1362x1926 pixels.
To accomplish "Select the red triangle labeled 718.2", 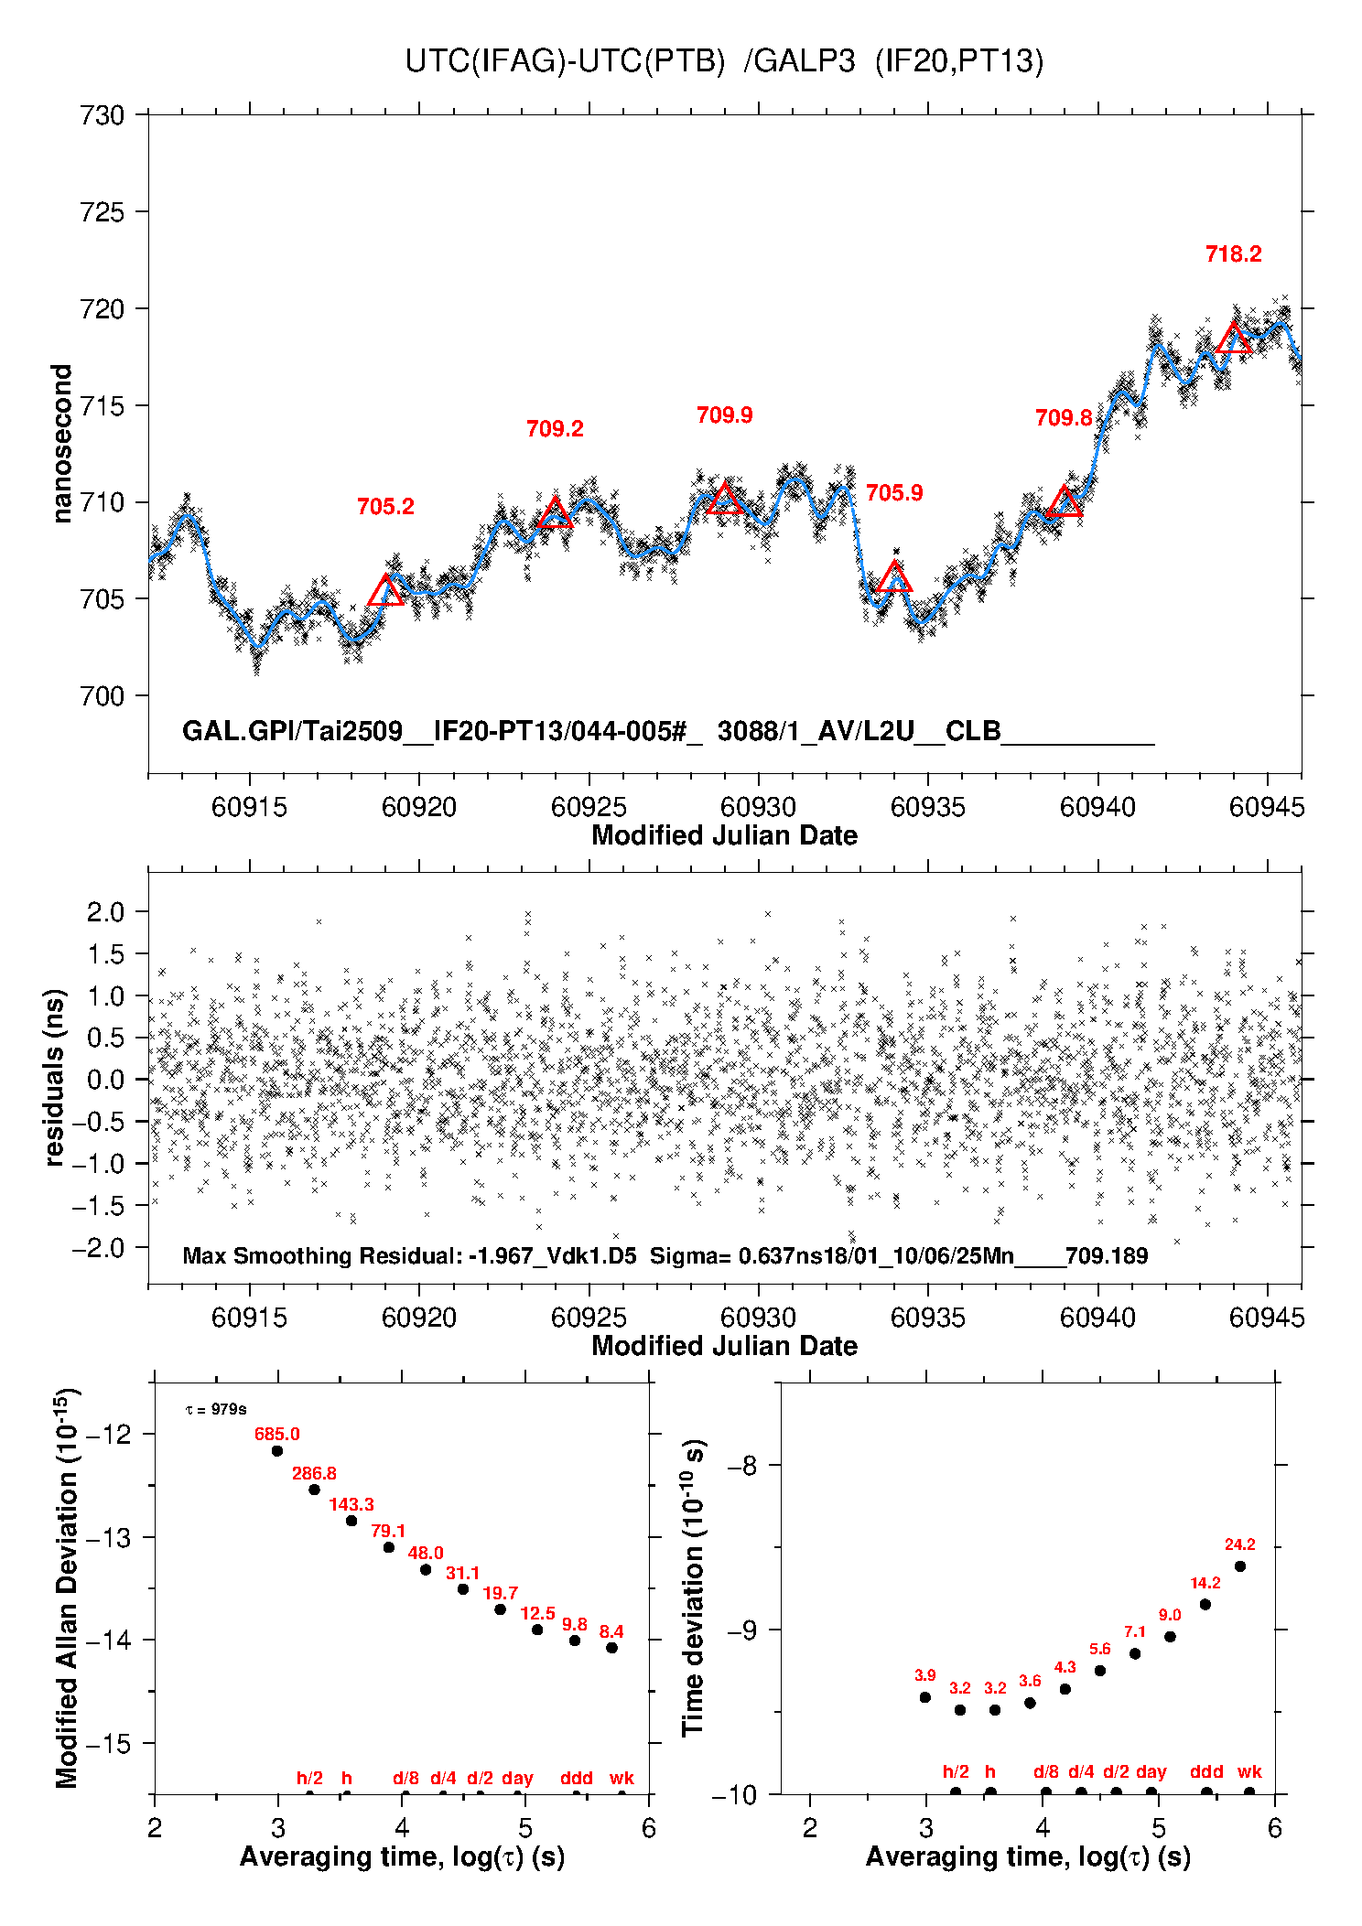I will tap(1234, 339).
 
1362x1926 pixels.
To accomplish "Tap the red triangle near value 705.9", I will tap(894, 578).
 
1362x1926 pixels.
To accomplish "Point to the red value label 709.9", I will tap(724, 415).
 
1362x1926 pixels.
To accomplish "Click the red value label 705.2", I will tap(385, 507).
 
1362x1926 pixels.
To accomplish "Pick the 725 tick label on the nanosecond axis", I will tap(102, 212).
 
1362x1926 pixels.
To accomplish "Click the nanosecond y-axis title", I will tap(61, 444).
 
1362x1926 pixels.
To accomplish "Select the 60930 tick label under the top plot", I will tap(758, 807).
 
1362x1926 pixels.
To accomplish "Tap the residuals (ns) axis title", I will tap(55, 1077).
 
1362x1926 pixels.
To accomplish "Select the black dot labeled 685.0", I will tap(277, 1450).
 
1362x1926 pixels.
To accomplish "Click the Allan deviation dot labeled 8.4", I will tap(611, 1648).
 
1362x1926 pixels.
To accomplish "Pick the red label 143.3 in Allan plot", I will tap(351, 1504).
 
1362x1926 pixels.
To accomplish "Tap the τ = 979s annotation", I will tap(216, 1409).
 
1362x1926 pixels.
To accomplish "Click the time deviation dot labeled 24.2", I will tap(1240, 1566).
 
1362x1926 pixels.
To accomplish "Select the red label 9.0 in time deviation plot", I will tap(1170, 1616).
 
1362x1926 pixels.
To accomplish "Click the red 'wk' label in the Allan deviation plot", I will tap(622, 1778).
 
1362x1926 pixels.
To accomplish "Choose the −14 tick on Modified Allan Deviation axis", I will tap(109, 1640).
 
